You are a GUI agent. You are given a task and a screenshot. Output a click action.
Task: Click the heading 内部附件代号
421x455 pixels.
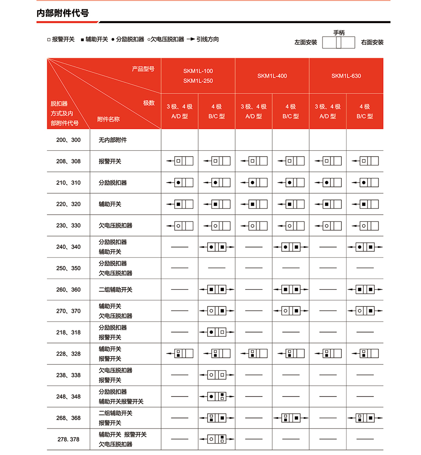[x=63, y=13]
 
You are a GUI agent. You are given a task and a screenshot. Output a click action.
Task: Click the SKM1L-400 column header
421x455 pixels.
[x=272, y=76]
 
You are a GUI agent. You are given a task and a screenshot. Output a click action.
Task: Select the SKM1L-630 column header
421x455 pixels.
[x=346, y=76]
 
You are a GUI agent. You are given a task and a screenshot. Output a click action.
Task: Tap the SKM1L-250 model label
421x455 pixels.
[x=198, y=81]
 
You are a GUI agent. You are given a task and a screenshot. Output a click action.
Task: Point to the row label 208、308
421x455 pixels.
[x=68, y=161]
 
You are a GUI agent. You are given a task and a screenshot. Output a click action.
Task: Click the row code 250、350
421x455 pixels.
[x=68, y=268]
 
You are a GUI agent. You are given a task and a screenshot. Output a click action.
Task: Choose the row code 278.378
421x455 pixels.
[x=68, y=439]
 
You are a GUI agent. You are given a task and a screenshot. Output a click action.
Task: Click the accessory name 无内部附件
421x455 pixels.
[x=112, y=140]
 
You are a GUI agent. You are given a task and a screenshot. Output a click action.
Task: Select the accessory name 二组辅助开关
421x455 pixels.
[x=115, y=290]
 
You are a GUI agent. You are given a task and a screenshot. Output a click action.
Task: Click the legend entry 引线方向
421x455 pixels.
[x=208, y=39]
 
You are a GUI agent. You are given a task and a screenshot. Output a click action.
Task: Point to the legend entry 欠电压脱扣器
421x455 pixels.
[x=168, y=39]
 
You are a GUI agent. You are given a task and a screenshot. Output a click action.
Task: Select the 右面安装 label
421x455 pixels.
[x=372, y=43]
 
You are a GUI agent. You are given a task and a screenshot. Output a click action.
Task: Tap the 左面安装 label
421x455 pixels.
[x=306, y=43]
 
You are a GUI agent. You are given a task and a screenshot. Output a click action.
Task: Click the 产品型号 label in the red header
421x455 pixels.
[x=143, y=69]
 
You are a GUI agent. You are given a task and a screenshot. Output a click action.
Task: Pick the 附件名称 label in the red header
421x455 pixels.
[x=108, y=119]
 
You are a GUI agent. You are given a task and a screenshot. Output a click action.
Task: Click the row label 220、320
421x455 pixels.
[x=68, y=204]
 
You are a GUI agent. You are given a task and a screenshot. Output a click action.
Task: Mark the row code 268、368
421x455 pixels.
[x=68, y=418]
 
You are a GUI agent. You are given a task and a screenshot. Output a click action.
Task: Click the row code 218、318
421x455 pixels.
[x=68, y=333]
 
